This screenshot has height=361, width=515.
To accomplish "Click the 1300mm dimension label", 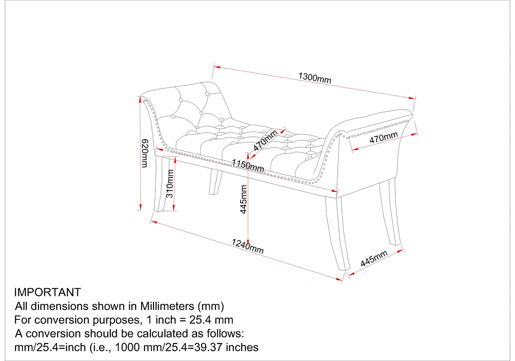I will pos(315,78).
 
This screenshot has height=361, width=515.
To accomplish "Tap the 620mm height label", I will pos(145,153).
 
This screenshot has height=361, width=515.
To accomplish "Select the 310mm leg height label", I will pos(170,183).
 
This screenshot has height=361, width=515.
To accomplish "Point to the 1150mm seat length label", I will pos(248,165).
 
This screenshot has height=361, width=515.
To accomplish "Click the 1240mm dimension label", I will pos(247,246).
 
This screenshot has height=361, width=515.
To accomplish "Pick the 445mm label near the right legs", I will pos(374,258).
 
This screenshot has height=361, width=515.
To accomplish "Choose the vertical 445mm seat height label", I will pos(243,199).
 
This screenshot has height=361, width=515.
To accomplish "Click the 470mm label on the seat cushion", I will pos(265,140).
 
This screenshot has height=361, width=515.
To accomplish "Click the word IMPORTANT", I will pos(47,292).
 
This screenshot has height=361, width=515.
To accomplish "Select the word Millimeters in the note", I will pos(167,306).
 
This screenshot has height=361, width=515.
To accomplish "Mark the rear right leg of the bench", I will pos(390,212).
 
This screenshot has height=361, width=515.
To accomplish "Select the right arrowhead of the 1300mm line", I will pos(412,98).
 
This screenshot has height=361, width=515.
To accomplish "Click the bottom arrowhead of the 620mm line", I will pos(140,207).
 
